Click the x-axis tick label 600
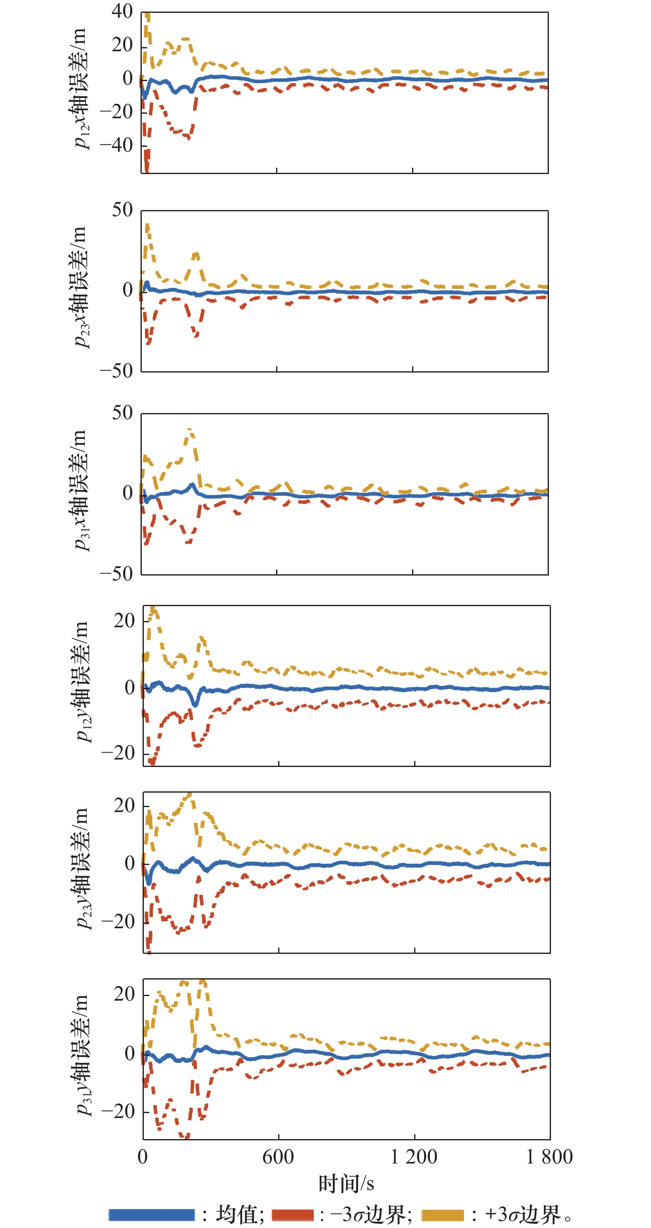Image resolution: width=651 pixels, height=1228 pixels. click(x=278, y=1157)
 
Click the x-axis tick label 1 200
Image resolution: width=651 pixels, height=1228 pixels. click(x=414, y=1157)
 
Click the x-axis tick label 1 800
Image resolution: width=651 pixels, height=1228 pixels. click(x=549, y=1157)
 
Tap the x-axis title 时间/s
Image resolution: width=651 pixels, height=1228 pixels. click(x=346, y=1183)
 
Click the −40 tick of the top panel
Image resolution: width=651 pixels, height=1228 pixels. click(x=116, y=146)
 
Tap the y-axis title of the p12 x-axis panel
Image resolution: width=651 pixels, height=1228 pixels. click(x=80, y=88)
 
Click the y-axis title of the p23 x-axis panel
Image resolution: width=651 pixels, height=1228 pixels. click(x=80, y=287)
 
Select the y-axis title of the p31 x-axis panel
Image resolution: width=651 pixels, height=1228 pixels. click(x=80, y=490)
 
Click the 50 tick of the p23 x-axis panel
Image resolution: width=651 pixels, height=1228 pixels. click(x=122, y=210)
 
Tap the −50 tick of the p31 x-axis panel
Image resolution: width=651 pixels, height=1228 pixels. click(x=116, y=573)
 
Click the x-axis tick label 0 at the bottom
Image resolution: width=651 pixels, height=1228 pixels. click(x=143, y=1157)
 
